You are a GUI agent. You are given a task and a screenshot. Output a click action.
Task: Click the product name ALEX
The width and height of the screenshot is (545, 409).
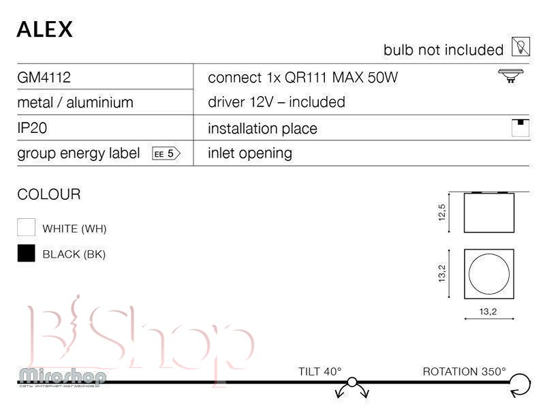click(45, 29)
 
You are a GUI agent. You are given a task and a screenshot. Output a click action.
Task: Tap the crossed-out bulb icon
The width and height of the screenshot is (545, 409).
click(520, 47)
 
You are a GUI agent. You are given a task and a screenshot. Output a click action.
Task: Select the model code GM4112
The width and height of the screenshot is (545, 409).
click(44, 78)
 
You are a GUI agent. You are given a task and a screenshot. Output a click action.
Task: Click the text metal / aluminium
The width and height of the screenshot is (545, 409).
click(75, 103)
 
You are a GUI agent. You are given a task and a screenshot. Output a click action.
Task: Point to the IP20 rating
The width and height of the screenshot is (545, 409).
click(32, 128)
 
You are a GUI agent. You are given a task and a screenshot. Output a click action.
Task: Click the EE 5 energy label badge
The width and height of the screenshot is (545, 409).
click(165, 153)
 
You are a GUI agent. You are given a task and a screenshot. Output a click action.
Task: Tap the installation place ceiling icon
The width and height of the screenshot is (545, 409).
click(520, 127)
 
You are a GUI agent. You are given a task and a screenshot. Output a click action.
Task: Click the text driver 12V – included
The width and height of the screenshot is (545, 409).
click(276, 102)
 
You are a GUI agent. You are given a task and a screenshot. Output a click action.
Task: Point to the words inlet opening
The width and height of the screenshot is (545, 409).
click(249, 153)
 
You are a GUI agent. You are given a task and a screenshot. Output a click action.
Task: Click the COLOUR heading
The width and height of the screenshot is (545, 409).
click(48, 195)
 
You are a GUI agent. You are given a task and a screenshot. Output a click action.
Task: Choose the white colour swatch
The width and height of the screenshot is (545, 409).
click(26, 228)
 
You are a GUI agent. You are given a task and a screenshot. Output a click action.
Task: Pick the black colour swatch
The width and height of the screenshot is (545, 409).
click(26, 254)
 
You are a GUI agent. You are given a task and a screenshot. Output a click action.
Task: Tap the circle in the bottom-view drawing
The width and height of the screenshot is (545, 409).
click(489, 273)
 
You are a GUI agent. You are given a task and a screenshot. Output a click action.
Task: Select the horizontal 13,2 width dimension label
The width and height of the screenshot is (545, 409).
click(488, 312)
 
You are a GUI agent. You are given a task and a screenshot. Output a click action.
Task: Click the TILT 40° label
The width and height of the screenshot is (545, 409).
click(320, 372)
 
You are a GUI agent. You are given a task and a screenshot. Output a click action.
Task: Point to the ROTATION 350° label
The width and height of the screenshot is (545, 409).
click(465, 372)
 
